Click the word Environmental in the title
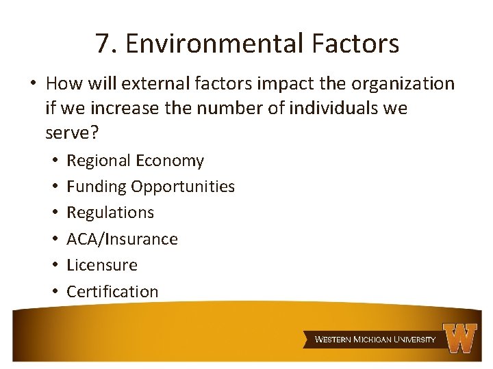tap(214, 44)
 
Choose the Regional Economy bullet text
tap(135, 161)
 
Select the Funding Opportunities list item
tap(151, 187)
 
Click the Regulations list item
tap(110, 213)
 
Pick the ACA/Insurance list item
tap(122, 238)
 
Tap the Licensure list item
tap(102, 264)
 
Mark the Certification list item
tap(112, 291)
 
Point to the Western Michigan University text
tap(375, 340)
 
